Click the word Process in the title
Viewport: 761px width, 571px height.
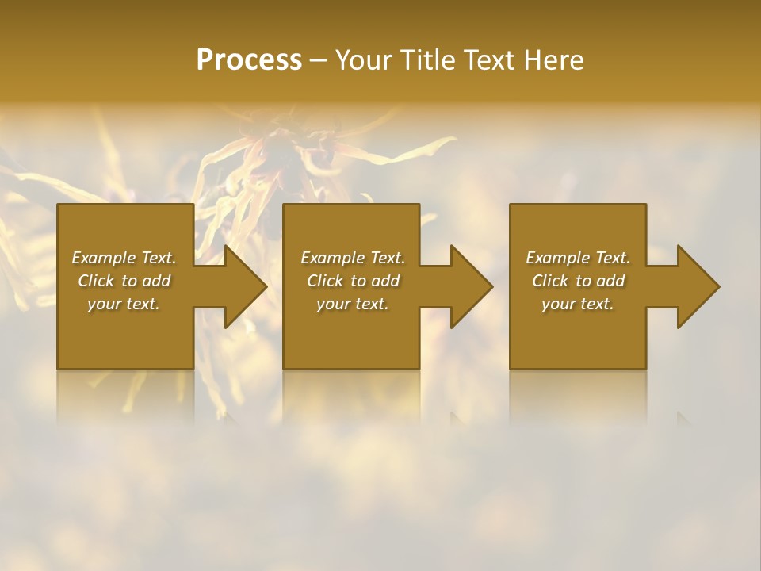point(249,59)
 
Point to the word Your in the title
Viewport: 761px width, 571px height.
point(365,59)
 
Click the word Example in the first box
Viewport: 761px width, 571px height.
point(103,258)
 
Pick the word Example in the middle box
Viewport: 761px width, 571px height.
point(332,258)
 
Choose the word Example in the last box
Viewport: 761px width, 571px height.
point(557,258)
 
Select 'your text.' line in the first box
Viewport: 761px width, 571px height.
point(124,304)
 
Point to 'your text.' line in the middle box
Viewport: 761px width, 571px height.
point(353,304)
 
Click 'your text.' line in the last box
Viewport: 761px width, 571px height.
point(578,304)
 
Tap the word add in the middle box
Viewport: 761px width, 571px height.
point(385,281)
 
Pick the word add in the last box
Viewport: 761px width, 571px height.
point(610,281)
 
